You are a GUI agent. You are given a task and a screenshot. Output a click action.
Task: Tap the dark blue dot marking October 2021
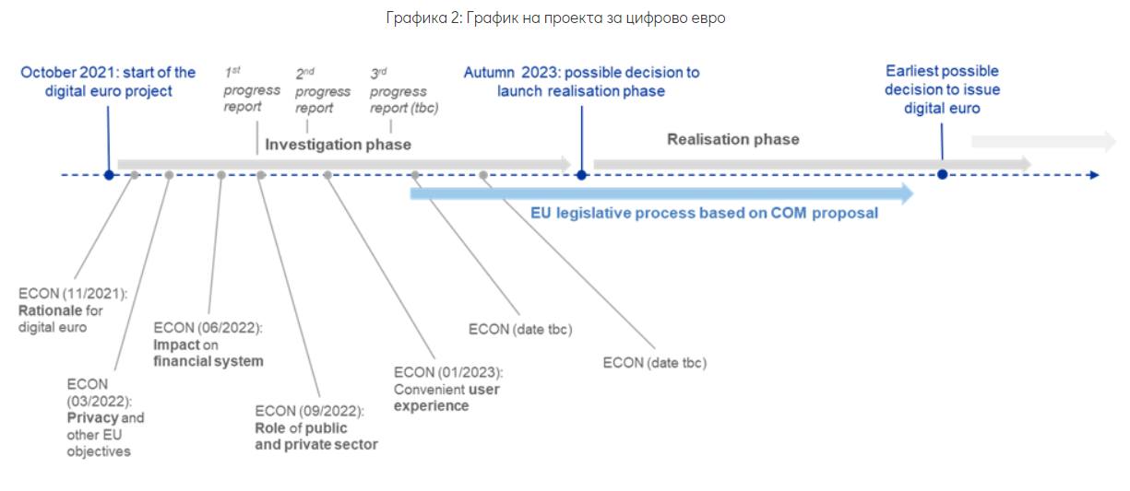[109, 175]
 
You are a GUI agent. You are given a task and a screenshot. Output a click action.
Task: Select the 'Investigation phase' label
[338, 145]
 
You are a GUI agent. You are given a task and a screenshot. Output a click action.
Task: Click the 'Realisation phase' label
[732, 139]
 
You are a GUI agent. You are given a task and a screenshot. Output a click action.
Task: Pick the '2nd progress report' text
[322, 91]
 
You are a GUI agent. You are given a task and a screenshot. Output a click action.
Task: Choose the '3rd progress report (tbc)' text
[403, 91]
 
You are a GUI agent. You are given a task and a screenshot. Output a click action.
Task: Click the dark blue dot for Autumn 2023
[581, 175]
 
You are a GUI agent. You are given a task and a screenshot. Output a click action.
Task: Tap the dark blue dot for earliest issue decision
[942, 174]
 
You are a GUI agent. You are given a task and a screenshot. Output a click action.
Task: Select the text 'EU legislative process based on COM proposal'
[704, 213]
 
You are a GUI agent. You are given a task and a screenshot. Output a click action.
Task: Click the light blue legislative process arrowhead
[906, 193]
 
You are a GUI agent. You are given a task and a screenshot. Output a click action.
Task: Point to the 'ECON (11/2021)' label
[73, 294]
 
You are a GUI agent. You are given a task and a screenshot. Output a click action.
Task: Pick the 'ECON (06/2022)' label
[208, 327]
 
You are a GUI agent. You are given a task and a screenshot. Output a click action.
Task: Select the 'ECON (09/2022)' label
[309, 411]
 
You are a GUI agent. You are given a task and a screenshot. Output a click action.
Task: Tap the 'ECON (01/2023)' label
[447, 372]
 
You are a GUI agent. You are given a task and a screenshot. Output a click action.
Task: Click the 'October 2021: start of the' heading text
[109, 72]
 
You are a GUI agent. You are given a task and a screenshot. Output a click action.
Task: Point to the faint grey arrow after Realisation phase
[1043, 141]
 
